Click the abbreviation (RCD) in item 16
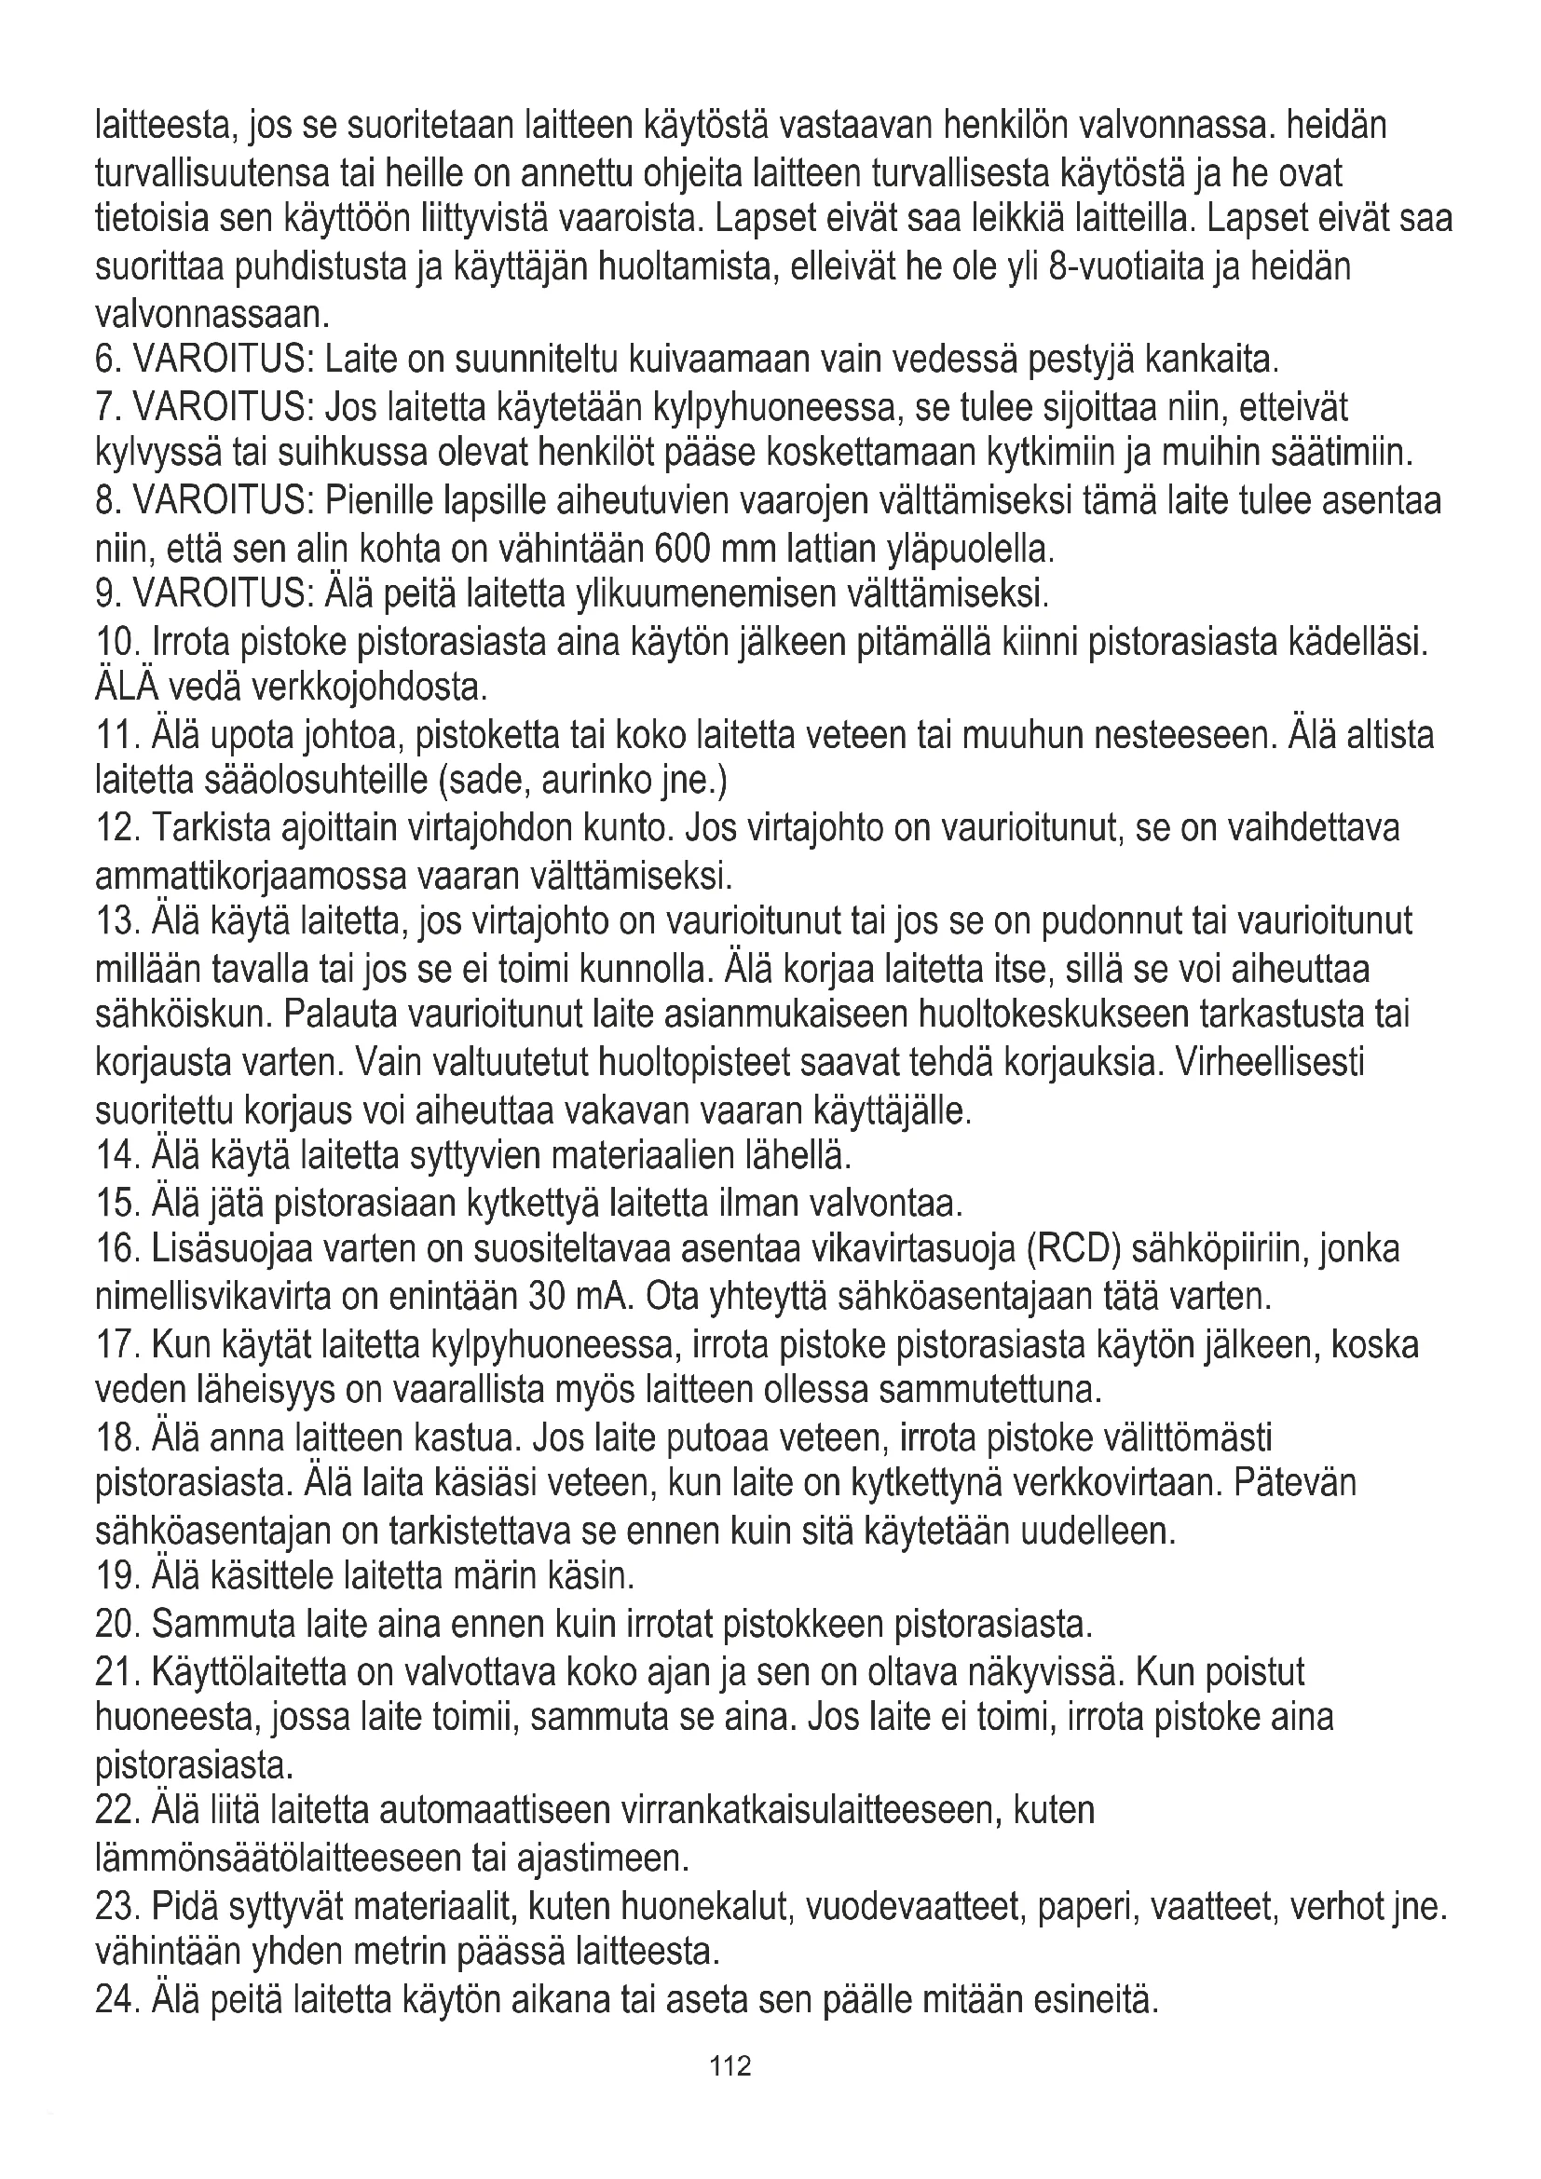tap(1074, 1250)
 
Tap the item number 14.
tap(117, 1157)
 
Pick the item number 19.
tap(117, 1577)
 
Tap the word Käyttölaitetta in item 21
tap(250, 1671)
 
